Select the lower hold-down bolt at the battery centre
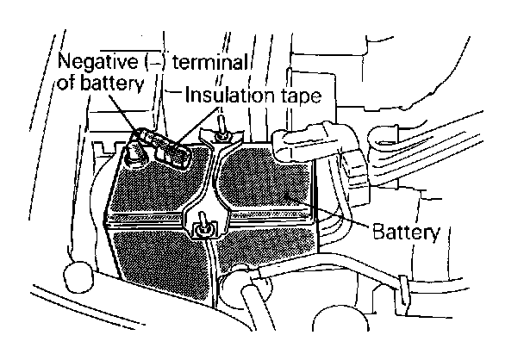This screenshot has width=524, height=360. (x=204, y=227)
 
